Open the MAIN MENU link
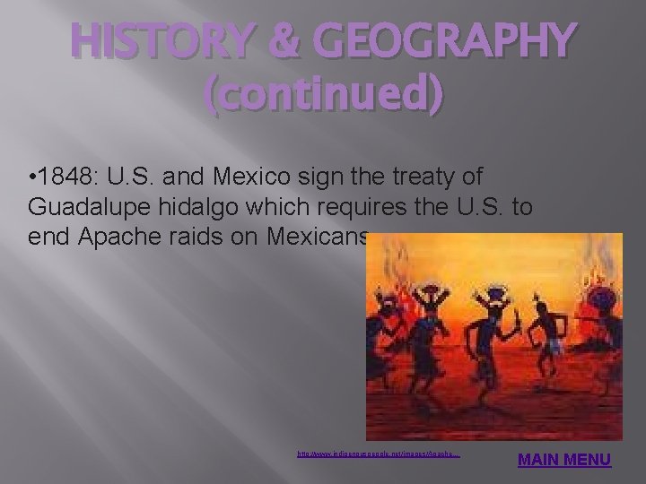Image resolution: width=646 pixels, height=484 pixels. pyautogui.click(x=565, y=461)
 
